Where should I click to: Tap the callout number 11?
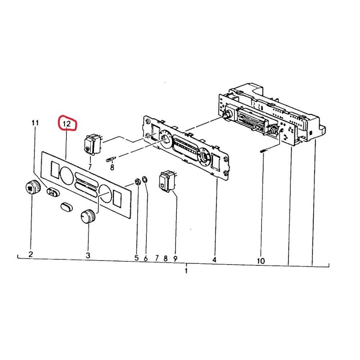click(x=35, y=123)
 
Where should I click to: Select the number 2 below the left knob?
click(x=31, y=255)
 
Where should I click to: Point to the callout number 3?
click(x=88, y=255)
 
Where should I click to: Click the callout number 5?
click(x=136, y=258)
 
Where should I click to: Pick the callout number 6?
click(x=146, y=258)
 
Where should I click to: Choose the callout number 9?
click(x=175, y=258)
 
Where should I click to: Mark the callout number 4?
click(x=214, y=259)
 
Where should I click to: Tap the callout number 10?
click(x=261, y=260)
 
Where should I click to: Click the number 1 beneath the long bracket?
click(x=186, y=270)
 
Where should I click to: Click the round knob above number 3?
click(x=88, y=216)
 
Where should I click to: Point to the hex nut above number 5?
click(x=137, y=181)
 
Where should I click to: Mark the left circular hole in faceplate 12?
click(x=67, y=175)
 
